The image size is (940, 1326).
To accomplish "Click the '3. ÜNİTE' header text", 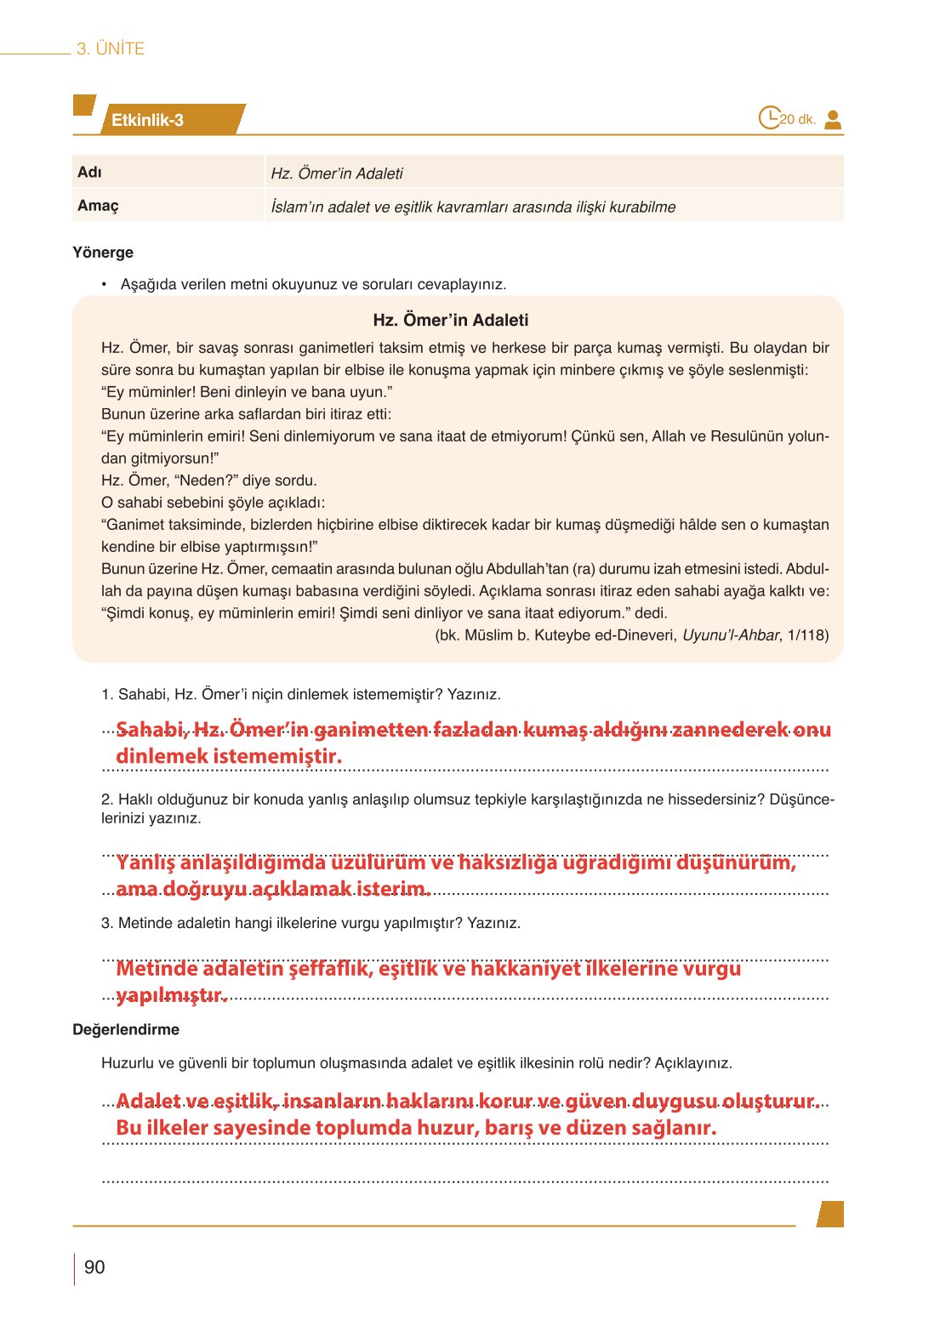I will (x=111, y=49).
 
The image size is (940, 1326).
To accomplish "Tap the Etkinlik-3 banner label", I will (x=147, y=121).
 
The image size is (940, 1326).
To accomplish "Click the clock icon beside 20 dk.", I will (x=769, y=117).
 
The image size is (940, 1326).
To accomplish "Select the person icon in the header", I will (x=833, y=120).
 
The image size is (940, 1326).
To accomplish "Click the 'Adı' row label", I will (x=89, y=173).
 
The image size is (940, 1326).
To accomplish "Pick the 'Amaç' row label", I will (x=98, y=206).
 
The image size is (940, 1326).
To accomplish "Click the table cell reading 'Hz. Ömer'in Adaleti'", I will (x=337, y=174).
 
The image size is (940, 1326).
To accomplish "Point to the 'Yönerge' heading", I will (x=103, y=253).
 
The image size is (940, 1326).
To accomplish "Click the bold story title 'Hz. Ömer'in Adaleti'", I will (x=451, y=321).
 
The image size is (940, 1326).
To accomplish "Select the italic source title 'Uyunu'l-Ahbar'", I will (x=731, y=635).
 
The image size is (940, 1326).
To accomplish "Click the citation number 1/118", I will (x=808, y=635).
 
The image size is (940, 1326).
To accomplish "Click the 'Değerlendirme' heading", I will (x=126, y=1030).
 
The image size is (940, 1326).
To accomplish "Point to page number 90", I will (x=94, y=1267).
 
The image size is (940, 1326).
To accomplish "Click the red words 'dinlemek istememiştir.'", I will (x=229, y=756).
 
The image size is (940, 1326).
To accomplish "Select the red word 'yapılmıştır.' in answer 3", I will (x=172, y=995).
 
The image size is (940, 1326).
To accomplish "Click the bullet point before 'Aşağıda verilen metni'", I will (x=104, y=284).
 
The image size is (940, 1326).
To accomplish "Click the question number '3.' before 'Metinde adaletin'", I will (x=107, y=924).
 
